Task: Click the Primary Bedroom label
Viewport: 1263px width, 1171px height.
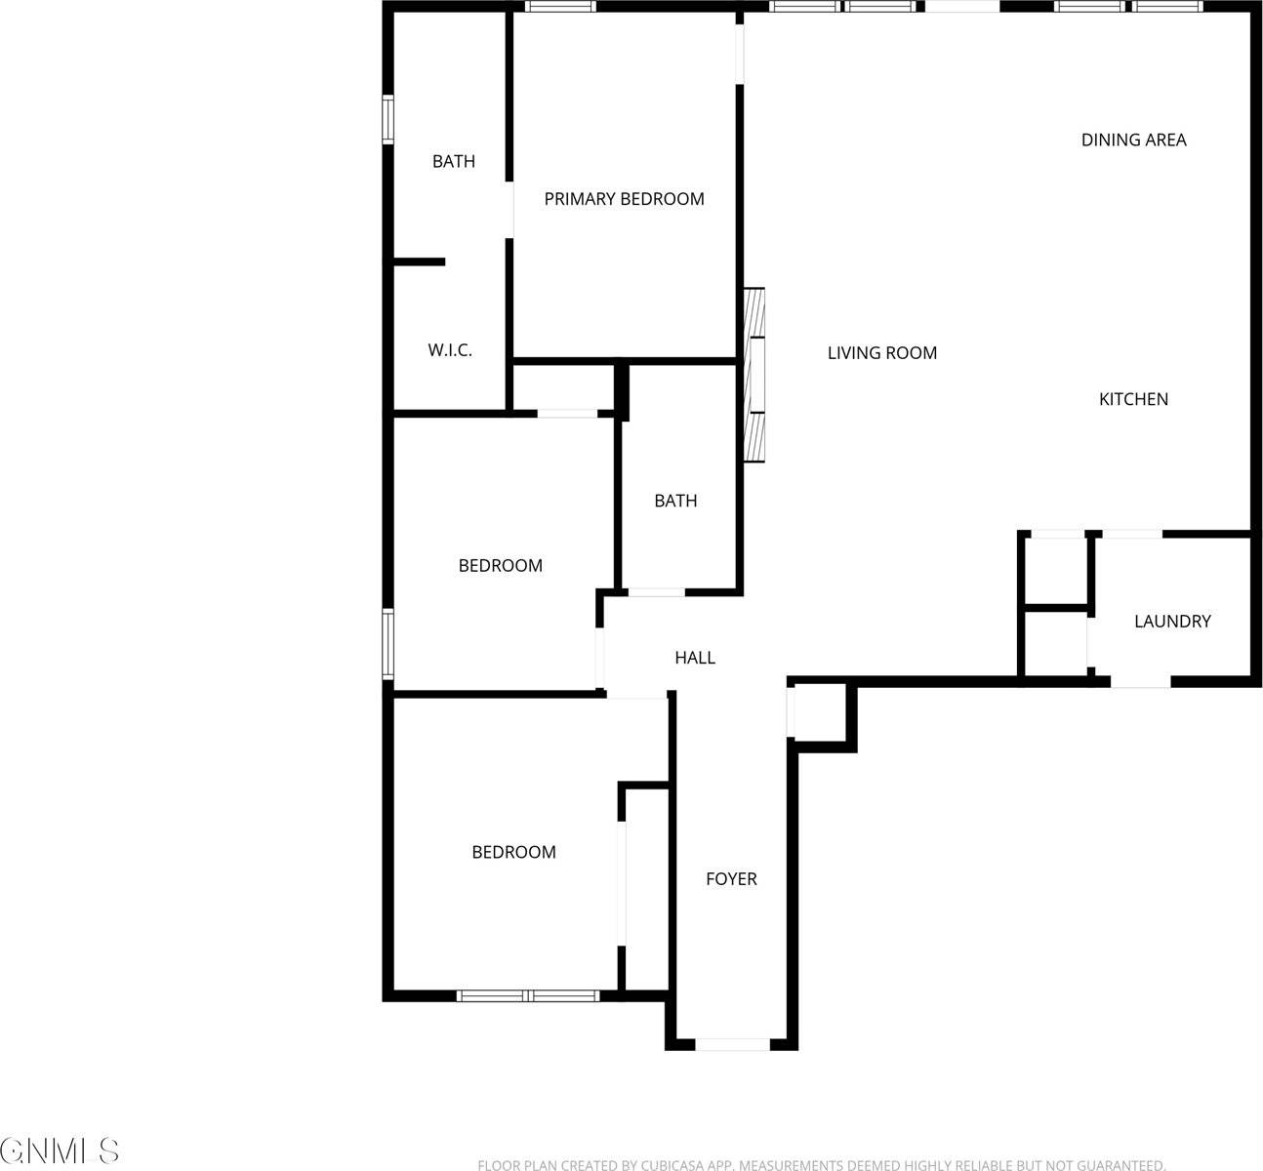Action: pyautogui.click(x=624, y=199)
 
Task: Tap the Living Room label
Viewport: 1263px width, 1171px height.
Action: pyautogui.click(x=881, y=353)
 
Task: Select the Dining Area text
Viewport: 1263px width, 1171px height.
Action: pyautogui.click(x=1133, y=141)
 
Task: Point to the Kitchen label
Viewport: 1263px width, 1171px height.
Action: pyautogui.click(x=1133, y=399)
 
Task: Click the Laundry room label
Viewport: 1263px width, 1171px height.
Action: pyautogui.click(x=1171, y=622)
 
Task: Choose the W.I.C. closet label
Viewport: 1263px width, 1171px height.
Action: pyautogui.click(x=450, y=350)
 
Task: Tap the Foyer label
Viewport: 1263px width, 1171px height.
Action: pyautogui.click(x=731, y=879)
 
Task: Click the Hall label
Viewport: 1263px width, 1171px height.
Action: pyautogui.click(x=695, y=659)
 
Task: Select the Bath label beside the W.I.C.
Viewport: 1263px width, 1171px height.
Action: pyautogui.click(x=454, y=162)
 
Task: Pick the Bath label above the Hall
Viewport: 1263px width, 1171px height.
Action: pyautogui.click(x=675, y=502)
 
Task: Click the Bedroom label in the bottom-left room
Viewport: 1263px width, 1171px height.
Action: pyautogui.click(x=513, y=853)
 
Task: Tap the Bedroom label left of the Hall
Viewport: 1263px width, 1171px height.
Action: pyautogui.click(x=500, y=566)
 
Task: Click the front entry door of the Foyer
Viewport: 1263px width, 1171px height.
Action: pyautogui.click(x=732, y=1044)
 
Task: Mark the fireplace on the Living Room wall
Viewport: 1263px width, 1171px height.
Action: pyautogui.click(x=754, y=375)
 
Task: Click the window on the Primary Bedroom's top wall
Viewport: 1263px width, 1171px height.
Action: pyautogui.click(x=560, y=7)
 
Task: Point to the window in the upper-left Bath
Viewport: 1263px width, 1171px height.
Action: pyautogui.click(x=387, y=119)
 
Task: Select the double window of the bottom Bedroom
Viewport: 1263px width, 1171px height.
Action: pyautogui.click(x=527, y=995)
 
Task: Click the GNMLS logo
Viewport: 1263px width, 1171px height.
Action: pyautogui.click(x=61, y=1151)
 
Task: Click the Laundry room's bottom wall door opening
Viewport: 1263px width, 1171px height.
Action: pyautogui.click(x=1140, y=681)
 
